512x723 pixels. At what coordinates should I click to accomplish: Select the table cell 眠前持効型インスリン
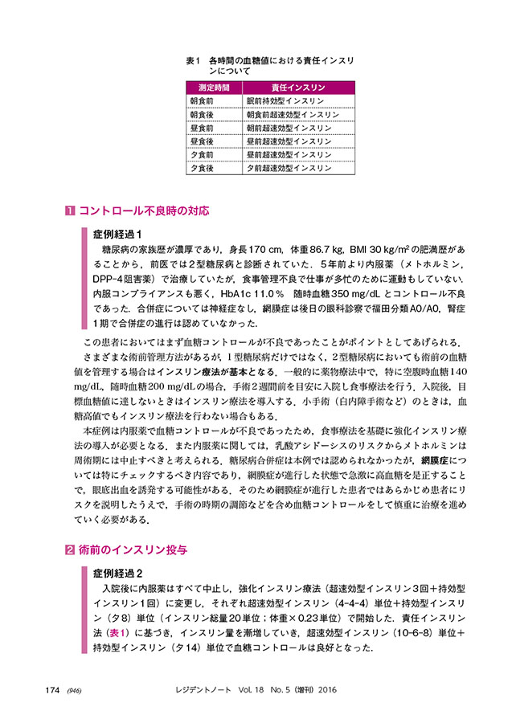pyautogui.click(x=285, y=101)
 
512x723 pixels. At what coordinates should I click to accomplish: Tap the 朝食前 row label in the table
pyautogui.click(x=201, y=101)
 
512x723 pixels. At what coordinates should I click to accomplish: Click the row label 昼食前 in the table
pyautogui.click(x=201, y=128)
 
